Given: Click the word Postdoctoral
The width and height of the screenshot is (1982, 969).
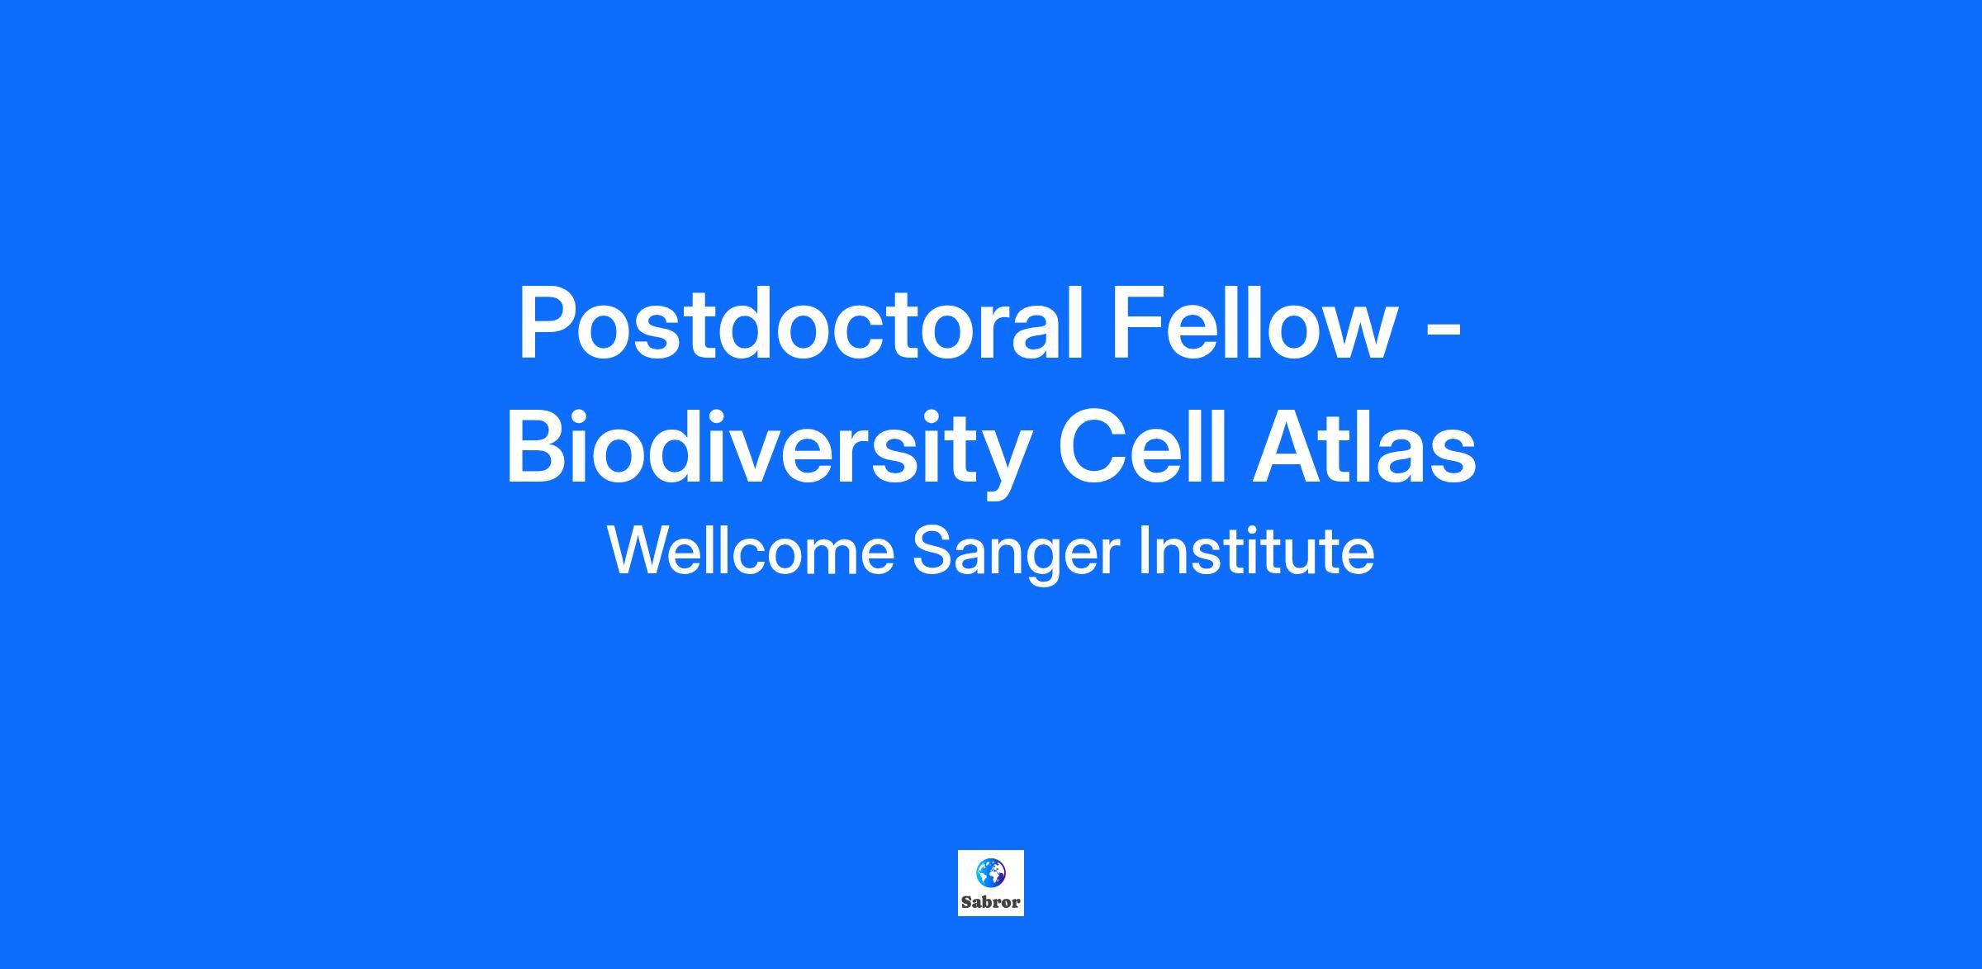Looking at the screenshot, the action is (799, 324).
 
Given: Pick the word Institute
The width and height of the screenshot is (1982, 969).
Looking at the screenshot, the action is (1256, 550).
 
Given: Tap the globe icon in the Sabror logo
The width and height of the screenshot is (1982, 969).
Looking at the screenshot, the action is (991, 872).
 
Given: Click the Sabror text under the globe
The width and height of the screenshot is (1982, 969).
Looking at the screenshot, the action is (991, 902).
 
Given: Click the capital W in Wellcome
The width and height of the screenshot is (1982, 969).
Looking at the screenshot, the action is (641, 550).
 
